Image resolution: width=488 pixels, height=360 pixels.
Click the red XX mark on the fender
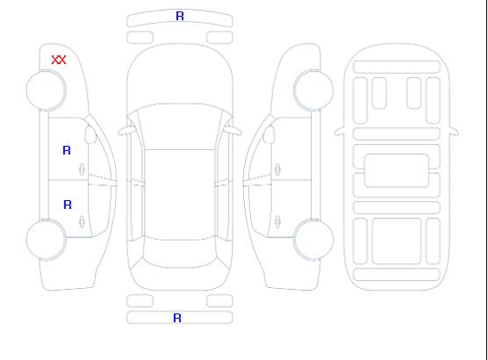pos(59,60)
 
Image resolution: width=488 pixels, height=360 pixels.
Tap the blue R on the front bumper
pos(180,16)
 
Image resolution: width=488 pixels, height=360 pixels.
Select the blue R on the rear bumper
pos(177,318)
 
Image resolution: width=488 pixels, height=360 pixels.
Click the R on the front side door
pos(67,150)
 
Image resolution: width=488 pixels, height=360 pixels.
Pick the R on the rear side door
pos(68,205)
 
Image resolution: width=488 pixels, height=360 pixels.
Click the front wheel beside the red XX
pos(46,90)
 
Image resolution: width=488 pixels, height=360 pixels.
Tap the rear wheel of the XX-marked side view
pos(46,240)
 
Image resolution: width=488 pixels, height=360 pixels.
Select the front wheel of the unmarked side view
pos(313,90)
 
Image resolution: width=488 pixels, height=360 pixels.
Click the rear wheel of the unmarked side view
pos(313,240)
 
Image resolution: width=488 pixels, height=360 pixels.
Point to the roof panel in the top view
pos(180,195)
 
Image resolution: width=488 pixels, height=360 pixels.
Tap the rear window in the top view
pos(180,253)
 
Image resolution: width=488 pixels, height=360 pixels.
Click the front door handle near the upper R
pos(82,169)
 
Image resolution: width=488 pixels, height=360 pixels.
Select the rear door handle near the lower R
pos(82,221)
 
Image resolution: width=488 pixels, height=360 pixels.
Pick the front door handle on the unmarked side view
pos(277,169)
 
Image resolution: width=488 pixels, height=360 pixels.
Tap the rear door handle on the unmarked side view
pos(277,221)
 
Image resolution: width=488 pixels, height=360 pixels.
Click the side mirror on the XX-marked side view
pos(90,134)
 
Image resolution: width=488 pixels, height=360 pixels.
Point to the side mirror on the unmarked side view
pos(269,134)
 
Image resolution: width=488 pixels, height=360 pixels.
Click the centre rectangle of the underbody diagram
pos(396,170)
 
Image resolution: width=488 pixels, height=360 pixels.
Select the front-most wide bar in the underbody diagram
pos(397,67)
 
